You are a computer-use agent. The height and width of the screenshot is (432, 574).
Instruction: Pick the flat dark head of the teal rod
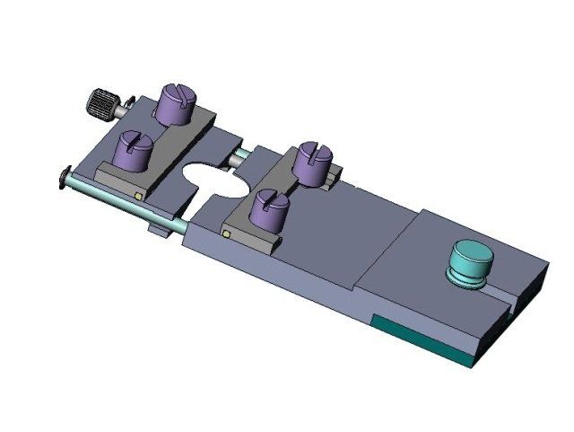click(62, 177)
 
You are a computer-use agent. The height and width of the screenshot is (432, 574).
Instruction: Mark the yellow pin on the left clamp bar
click(138, 193)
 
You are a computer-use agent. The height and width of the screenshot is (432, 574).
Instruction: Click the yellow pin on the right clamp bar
click(226, 234)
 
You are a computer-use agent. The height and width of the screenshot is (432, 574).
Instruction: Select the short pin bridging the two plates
click(239, 156)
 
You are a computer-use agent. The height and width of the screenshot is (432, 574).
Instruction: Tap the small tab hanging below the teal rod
click(158, 233)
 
